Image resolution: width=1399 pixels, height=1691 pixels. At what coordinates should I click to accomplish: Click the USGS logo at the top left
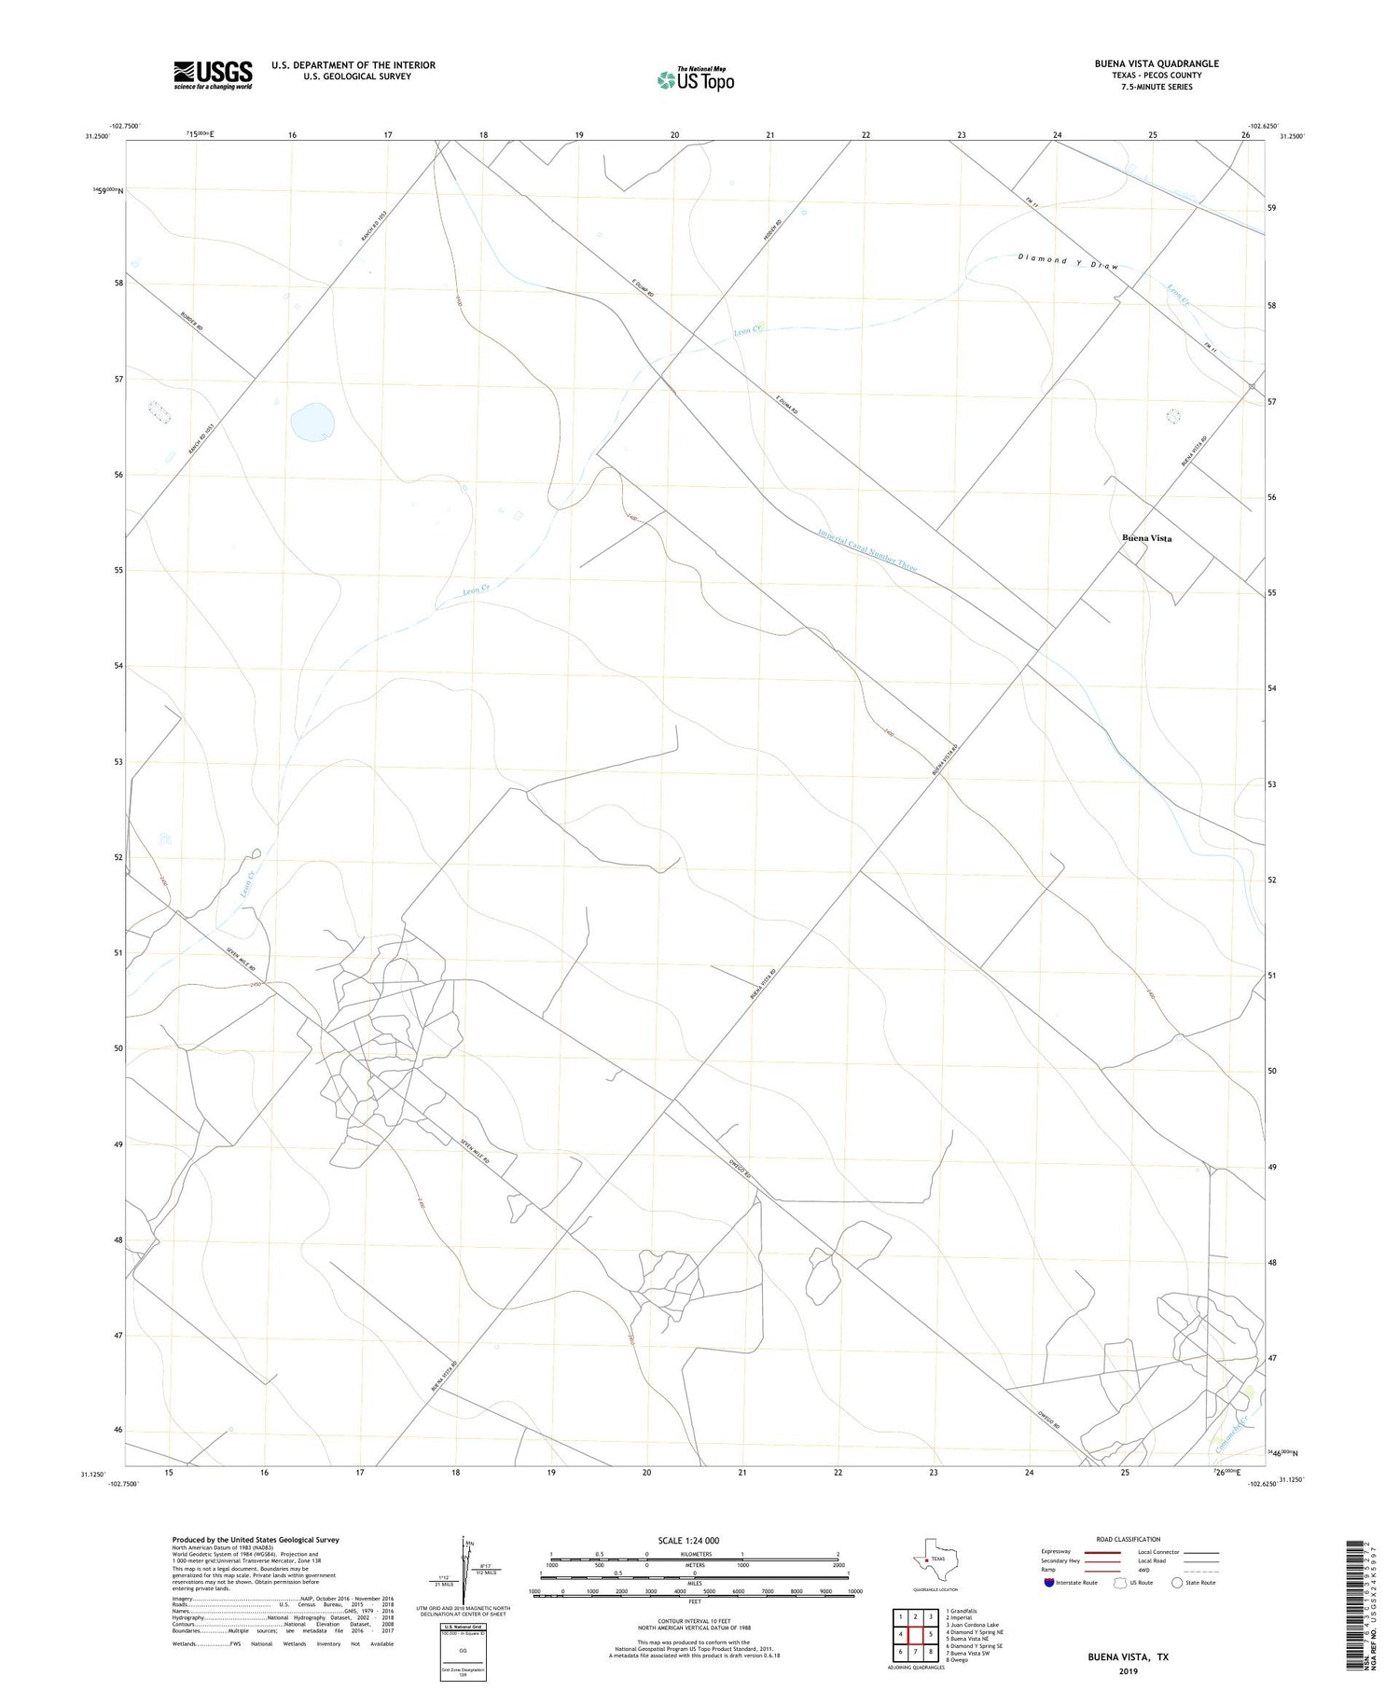213,75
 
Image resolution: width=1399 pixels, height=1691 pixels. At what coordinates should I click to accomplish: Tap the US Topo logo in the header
696,79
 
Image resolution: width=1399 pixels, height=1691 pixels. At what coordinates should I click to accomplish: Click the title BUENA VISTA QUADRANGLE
1157,63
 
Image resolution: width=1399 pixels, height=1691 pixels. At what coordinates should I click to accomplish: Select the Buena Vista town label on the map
1146,538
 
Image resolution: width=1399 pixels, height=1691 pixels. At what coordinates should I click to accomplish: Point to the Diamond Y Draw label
1068,261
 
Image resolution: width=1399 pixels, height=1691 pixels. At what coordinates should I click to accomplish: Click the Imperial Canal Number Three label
867,550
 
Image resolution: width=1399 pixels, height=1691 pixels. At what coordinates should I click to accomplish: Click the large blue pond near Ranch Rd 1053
312,422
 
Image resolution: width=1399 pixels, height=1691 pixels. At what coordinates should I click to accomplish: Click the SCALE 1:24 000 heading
688,1541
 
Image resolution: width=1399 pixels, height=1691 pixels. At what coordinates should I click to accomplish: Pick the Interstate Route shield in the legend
1049,1582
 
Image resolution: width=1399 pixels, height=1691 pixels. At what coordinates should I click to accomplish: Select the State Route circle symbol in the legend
1177,1582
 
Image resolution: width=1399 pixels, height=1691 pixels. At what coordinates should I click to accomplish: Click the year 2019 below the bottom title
1127,1671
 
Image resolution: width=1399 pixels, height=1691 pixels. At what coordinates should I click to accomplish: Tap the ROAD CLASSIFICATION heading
1128,1539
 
